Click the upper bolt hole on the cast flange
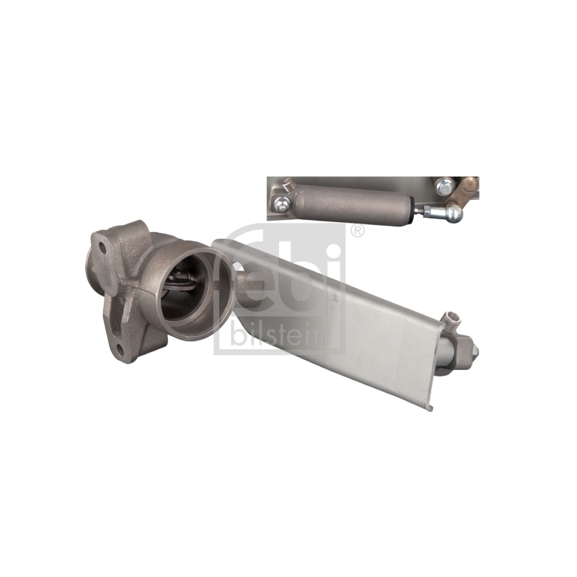pos(102,249)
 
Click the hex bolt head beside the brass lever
pos(443,187)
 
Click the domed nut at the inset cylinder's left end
pos(281,205)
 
